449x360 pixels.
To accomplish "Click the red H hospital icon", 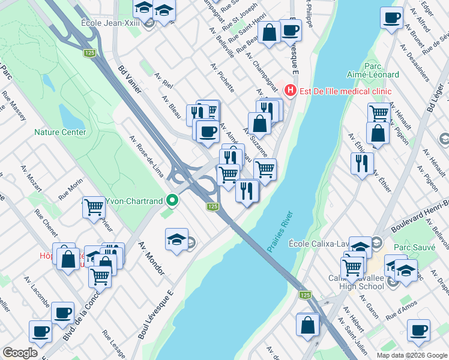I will [x=291, y=91].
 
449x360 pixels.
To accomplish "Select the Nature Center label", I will [x=60, y=132].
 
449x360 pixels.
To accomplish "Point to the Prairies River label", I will [x=280, y=231].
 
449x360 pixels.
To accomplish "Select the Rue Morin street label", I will [x=70, y=190].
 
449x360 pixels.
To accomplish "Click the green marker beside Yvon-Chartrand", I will [x=172, y=200].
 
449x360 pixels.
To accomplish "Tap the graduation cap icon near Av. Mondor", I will [x=176, y=239].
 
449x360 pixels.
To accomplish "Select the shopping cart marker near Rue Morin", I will [x=94, y=207].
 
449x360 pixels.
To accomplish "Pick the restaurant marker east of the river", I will [x=362, y=162].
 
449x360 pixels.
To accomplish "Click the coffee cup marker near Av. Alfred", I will [x=392, y=17].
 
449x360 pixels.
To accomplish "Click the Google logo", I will [x=20, y=353].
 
